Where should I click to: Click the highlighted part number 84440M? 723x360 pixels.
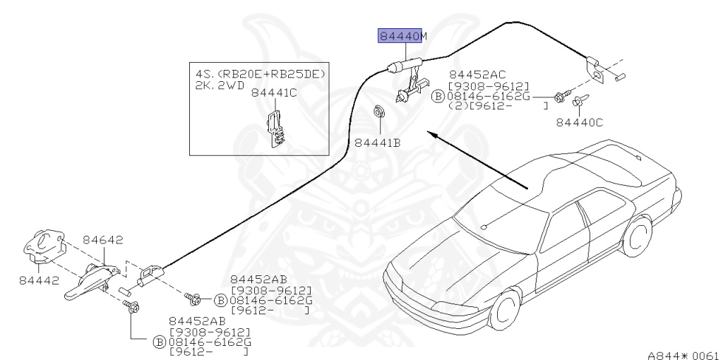402,36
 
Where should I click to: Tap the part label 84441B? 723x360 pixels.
377,143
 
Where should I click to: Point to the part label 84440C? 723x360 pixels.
579,122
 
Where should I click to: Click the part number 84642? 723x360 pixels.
104,240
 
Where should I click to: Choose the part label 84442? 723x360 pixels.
38,280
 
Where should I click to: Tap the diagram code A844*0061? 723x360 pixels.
683,354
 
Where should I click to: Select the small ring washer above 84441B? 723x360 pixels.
378,110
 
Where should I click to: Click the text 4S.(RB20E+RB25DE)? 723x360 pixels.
264,73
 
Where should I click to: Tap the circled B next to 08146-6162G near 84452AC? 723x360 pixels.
438,96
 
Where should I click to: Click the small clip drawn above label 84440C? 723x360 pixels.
577,103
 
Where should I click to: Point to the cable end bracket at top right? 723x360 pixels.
596,70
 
